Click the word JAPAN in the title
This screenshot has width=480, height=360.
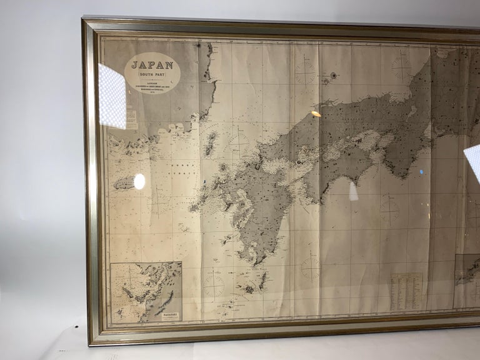(x=152, y=64)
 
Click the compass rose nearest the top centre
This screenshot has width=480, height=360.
(x=305, y=74)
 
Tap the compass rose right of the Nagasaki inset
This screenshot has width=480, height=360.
(x=214, y=285)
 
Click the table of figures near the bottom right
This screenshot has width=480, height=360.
(x=406, y=291)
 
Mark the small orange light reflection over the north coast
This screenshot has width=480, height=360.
(x=316, y=114)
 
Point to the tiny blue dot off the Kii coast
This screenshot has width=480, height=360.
(x=421, y=172)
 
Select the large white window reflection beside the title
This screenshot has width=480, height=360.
(x=112, y=96)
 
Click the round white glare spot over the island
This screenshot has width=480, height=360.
(x=139, y=181)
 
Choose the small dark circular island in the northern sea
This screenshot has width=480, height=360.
(x=333, y=76)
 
